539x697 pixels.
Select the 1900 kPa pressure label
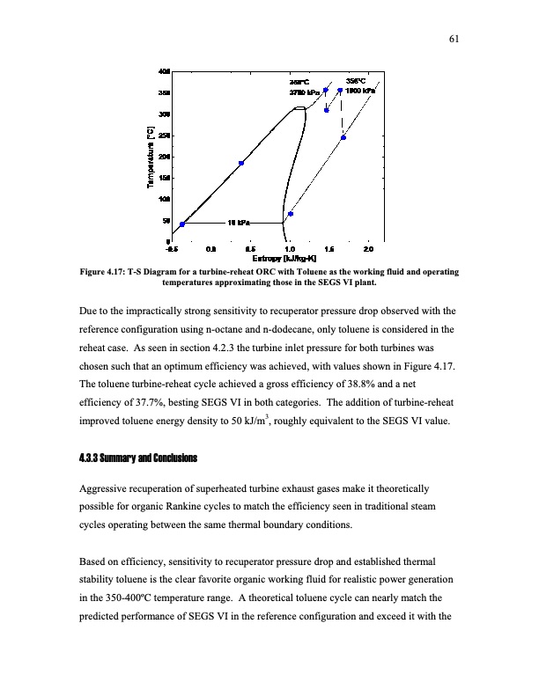pyautogui.click(x=360, y=91)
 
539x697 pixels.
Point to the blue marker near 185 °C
pyautogui.click(x=241, y=163)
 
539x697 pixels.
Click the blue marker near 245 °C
pyautogui.click(x=343, y=137)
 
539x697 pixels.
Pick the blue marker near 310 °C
pyautogui.click(x=326, y=110)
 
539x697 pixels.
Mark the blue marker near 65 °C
pyautogui.click(x=291, y=214)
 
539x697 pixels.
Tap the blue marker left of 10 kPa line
pyautogui.click(x=182, y=224)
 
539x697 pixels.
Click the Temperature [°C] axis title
pyautogui.click(x=151, y=156)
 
